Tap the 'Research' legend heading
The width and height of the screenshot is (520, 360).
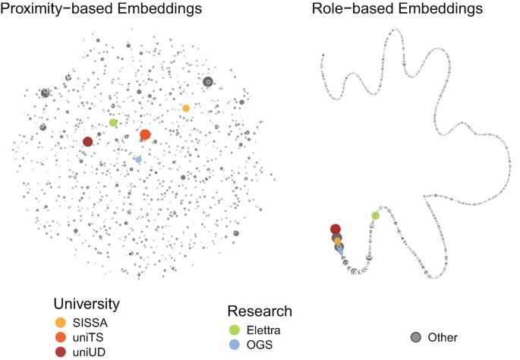pyautogui.click(x=260, y=311)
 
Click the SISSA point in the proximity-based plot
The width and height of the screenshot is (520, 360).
pyautogui.click(x=186, y=109)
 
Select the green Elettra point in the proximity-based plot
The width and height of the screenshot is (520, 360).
pyautogui.click(x=113, y=122)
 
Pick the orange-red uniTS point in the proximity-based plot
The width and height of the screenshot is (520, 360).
pyautogui.click(x=145, y=134)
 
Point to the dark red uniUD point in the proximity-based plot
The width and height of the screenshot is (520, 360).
pyautogui.click(x=88, y=141)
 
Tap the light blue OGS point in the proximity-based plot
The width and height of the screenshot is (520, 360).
pyautogui.click(x=137, y=159)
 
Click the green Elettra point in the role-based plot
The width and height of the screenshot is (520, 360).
pyautogui.click(x=375, y=216)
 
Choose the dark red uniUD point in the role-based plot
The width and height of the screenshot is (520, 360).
pyautogui.click(x=335, y=229)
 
